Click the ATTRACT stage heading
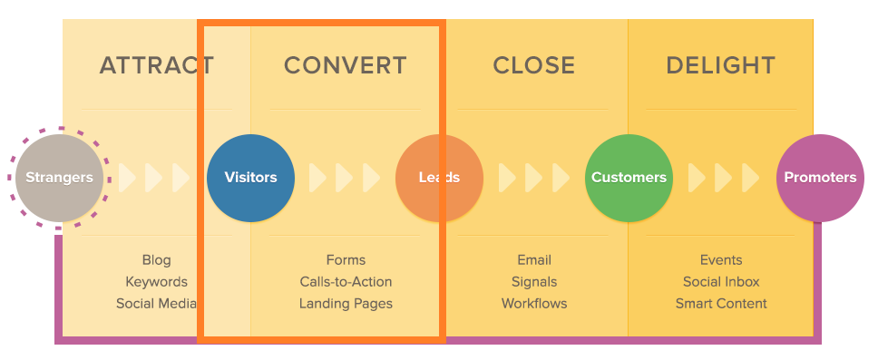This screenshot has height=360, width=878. (x=156, y=65)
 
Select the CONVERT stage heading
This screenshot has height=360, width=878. (x=346, y=65)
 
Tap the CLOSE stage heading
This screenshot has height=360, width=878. (x=534, y=65)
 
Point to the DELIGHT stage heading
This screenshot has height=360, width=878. (x=720, y=65)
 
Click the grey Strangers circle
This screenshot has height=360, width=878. (x=59, y=178)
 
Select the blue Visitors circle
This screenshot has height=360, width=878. (x=250, y=178)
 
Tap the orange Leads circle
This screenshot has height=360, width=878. (x=439, y=178)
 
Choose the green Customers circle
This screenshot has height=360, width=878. (x=629, y=178)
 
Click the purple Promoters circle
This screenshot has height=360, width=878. (x=820, y=178)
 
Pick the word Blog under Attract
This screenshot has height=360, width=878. (x=156, y=260)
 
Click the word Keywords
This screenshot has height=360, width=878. (x=156, y=282)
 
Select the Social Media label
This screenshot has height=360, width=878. (x=156, y=304)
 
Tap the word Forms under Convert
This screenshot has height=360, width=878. (x=346, y=260)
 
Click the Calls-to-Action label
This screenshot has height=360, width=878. (x=346, y=282)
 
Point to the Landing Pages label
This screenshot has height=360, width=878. (x=346, y=304)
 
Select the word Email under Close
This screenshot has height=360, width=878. (x=534, y=260)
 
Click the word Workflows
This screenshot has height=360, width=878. (x=534, y=304)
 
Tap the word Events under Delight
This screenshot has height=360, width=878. (x=721, y=260)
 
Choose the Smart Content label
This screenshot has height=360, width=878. (x=721, y=304)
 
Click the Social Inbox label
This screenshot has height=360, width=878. (x=721, y=282)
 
